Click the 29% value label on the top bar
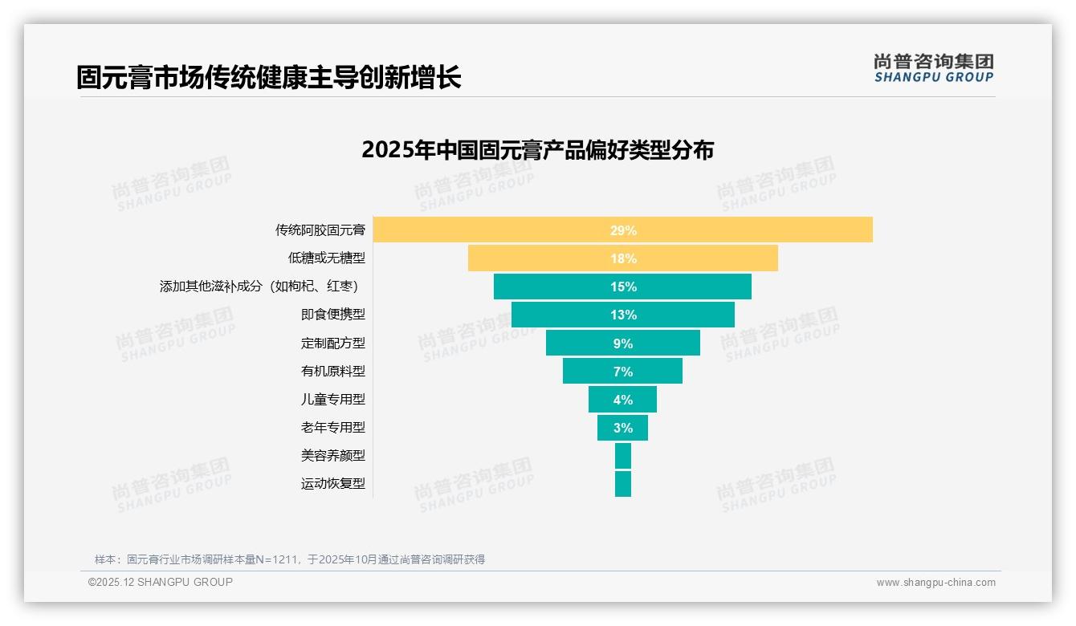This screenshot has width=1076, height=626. [x=623, y=230]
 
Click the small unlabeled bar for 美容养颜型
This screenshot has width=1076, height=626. [x=623, y=456]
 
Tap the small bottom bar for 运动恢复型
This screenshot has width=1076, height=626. [x=623, y=484]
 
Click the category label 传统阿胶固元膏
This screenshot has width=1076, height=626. [x=320, y=230]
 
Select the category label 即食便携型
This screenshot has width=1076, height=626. [x=333, y=315]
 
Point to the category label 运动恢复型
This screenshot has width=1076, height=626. [x=333, y=484]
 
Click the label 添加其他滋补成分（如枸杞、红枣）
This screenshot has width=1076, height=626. [x=259, y=287]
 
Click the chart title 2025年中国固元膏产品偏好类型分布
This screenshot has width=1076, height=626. [x=537, y=150]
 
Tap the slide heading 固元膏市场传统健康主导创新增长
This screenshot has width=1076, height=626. [x=269, y=78]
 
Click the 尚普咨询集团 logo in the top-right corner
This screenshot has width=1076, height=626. [x=933, y=67]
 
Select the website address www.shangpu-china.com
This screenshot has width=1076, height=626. [x=935, y=583]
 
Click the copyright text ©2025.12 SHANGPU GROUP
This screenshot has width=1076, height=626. [x=161, y=582]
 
